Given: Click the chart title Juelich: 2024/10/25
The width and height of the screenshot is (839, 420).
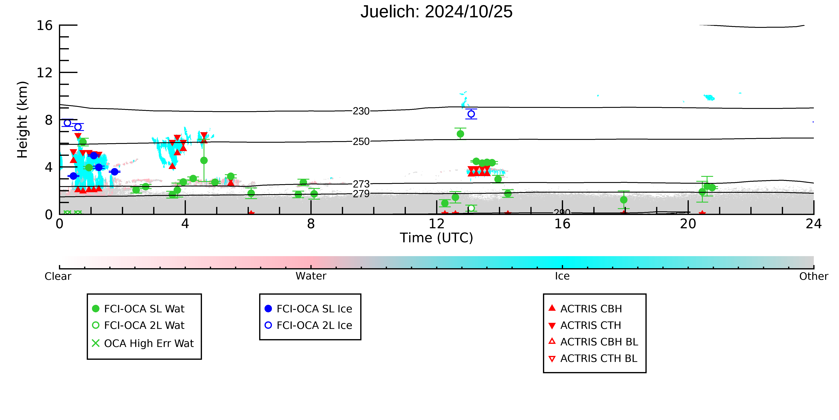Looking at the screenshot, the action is [436, 12].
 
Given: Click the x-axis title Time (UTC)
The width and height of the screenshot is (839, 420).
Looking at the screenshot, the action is [436, 238].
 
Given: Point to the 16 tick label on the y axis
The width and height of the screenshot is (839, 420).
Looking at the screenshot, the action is [45, 25].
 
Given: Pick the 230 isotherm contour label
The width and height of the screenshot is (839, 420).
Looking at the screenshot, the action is [361, 111].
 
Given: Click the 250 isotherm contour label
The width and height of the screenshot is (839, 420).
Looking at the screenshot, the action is [361, 141].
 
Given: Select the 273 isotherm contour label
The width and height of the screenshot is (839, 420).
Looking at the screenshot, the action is [361, 184].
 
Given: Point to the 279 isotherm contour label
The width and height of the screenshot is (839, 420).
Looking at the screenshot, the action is [361, 194].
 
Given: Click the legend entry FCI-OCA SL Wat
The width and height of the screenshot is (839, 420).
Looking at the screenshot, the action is [138, 309].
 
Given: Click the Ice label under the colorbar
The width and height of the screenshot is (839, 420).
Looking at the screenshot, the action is [562, 276].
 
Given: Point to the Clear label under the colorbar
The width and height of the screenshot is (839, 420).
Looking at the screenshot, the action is [58, 276].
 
